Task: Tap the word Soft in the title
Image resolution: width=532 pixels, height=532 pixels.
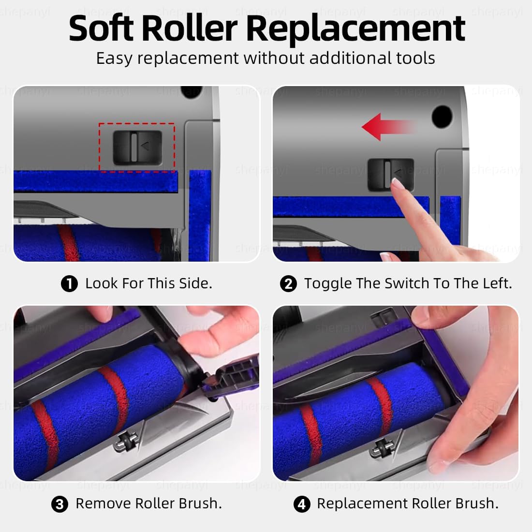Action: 101,28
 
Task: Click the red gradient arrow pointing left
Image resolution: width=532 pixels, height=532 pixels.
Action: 389,127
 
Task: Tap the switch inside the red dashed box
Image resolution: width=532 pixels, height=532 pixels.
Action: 137,148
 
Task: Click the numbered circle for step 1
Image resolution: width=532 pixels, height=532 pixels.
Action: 69,283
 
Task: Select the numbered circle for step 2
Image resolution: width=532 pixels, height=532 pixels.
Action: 288,283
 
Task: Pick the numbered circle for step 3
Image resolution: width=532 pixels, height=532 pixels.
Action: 59,504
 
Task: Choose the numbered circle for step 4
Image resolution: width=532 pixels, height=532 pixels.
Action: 302,504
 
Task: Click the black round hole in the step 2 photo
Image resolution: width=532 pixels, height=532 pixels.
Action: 442,117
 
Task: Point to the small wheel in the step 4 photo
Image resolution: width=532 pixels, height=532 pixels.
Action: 382,448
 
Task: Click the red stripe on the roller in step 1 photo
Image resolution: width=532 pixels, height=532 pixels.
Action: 69,242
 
